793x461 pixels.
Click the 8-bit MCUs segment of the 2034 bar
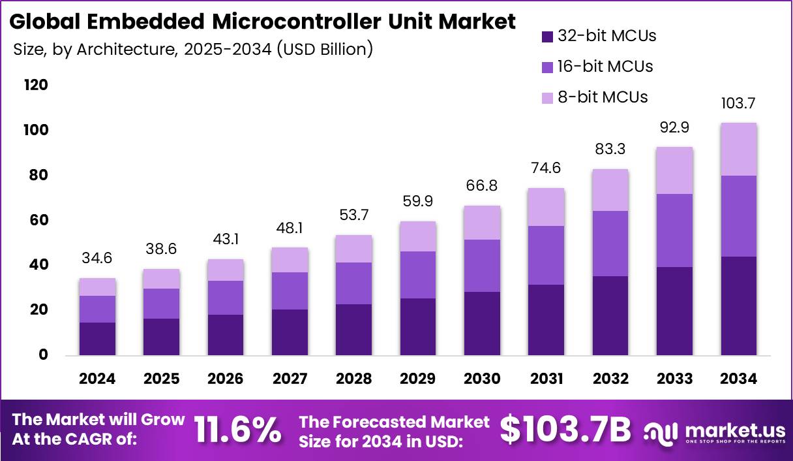pos(738,150)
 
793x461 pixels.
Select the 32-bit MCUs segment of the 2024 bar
pos(98,339)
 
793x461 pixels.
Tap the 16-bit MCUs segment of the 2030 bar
pos(482,266)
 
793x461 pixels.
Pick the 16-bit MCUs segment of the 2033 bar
pos(674,230)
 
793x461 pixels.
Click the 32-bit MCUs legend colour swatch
pos(547,37)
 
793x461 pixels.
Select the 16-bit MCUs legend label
pos(605,67)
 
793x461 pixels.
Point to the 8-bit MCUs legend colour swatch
pos(547,98)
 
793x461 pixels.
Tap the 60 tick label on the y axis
pos(38,220)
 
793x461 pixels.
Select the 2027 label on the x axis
pos(290,379)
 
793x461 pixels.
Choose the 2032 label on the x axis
pos(610,379)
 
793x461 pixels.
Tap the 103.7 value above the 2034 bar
pos(738,103)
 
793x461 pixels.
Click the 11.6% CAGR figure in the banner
pos(237,429)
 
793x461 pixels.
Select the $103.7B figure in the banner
pos(565,429)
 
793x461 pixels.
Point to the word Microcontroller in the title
pos(295,22)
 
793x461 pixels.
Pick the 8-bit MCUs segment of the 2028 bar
pos(354,249)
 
